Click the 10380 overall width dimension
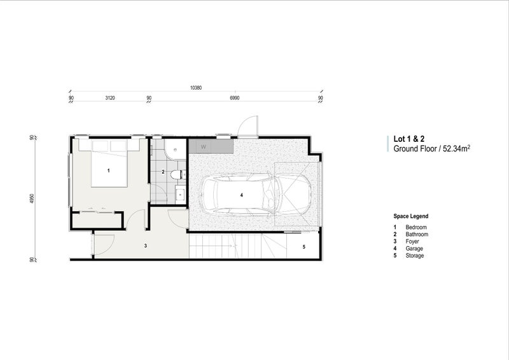(195, 88)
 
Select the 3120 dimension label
(109, 98)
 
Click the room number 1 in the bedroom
(109, 170)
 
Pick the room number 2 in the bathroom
(163, 172)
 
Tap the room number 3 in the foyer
(145, 245)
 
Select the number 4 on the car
(242, 196)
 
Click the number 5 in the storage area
(303, 246)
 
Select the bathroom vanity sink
(179, 193)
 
